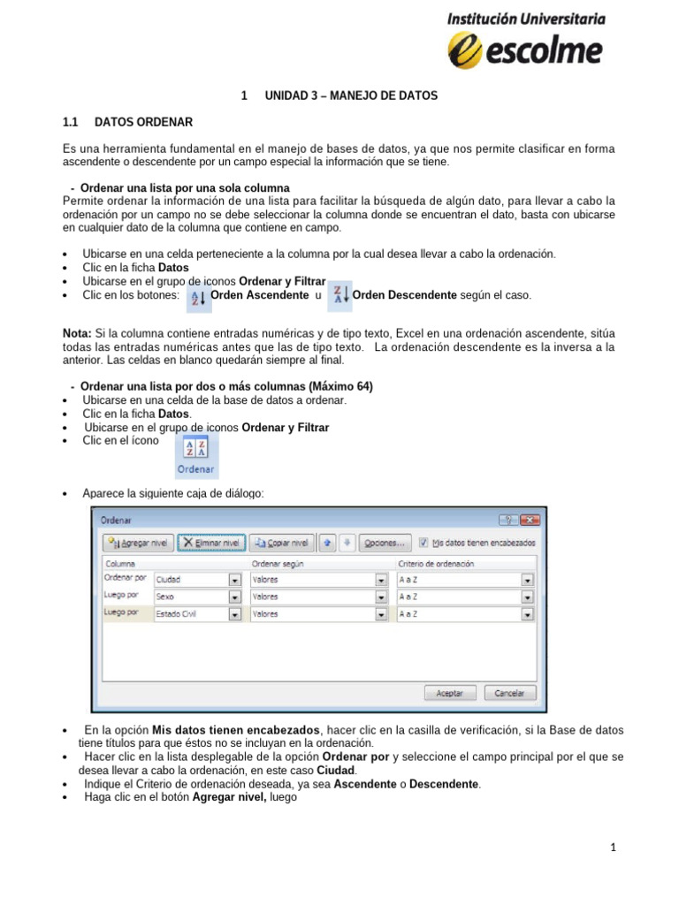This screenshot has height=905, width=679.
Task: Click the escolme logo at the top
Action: point(525,40)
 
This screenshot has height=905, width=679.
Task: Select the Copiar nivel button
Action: point(279,543)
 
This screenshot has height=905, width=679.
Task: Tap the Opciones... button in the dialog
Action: point(384,543)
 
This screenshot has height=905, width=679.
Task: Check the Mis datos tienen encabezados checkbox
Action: point(424,543)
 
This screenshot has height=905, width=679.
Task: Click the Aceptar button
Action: point(449,694)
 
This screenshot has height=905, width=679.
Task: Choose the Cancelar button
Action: point(508,694)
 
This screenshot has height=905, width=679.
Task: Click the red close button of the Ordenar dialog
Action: point(530,521)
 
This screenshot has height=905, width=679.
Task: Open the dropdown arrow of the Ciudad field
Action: point(235,581)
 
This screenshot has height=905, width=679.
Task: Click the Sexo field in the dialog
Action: point(191,597)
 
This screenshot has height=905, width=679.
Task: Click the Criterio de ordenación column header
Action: point(436,564)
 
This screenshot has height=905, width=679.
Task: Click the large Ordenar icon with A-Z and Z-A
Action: point(195,456)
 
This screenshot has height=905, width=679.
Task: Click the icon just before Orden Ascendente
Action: point(199,298)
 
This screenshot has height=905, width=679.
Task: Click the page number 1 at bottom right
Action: point(613,848)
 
